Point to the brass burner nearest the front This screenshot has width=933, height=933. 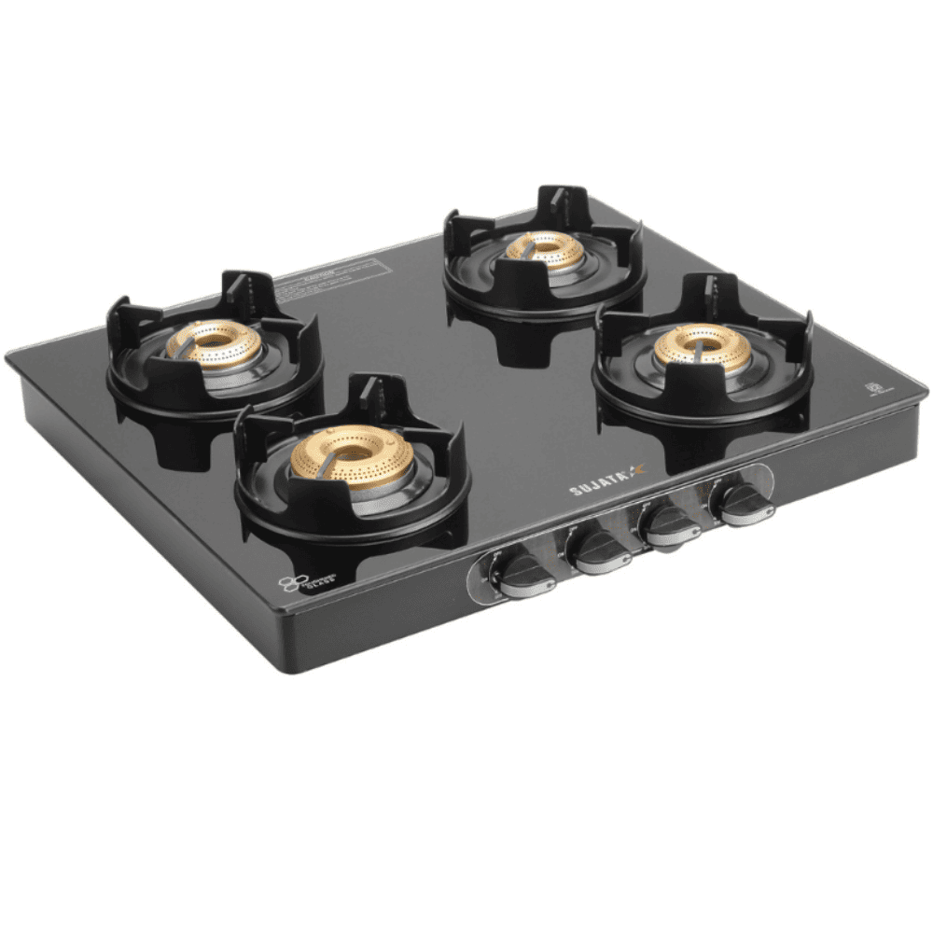pyautogui.click(x=352, y=458)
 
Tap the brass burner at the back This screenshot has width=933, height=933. pyautogui.click(x=546, y=247)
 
